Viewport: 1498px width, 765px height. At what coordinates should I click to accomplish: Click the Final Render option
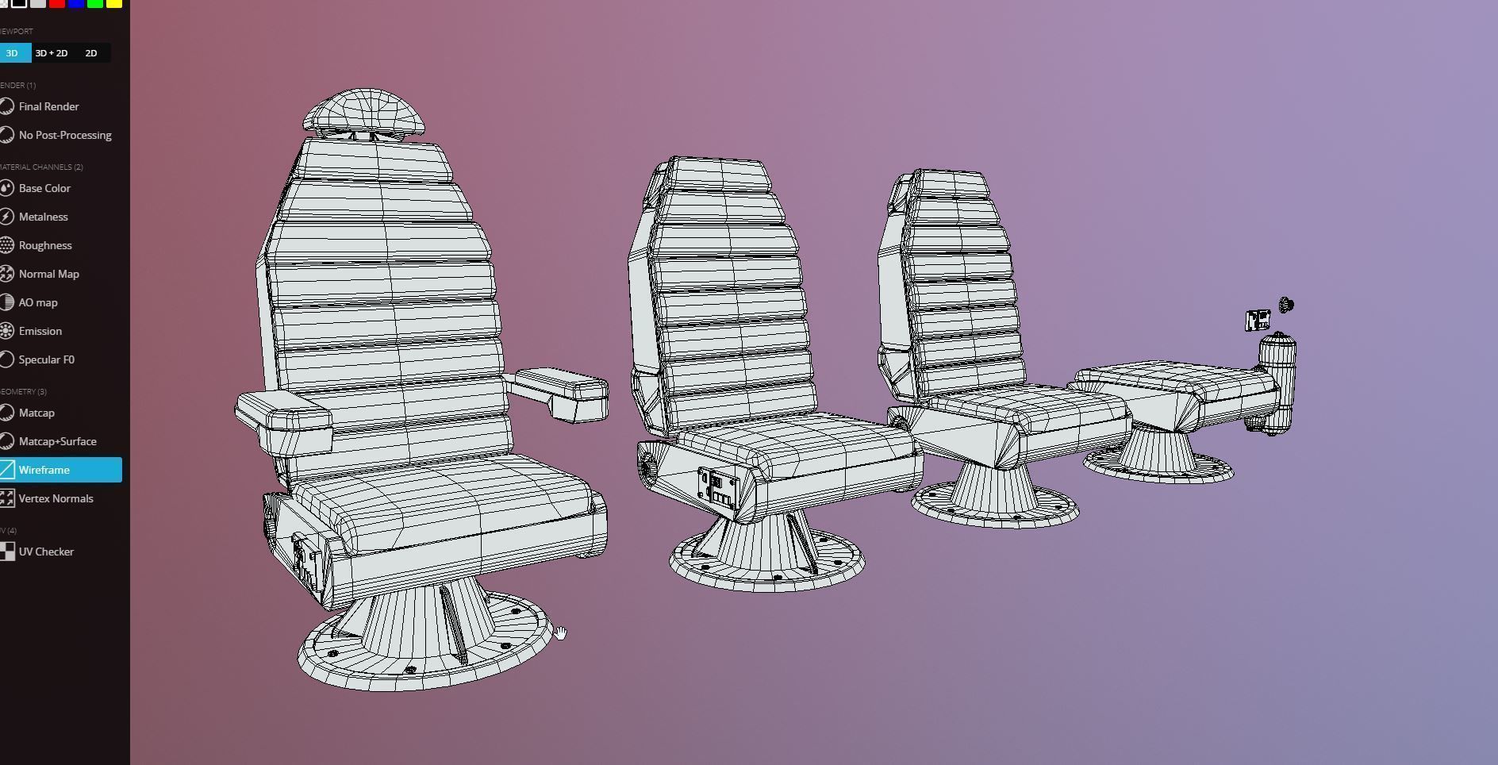click(x=48, y=106)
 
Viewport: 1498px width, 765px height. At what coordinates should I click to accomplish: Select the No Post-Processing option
click(x=64, y=135)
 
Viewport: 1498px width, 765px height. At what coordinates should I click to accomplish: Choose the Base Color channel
click(x=44, y=188)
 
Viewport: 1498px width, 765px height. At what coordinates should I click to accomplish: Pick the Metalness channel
click(x=43, y=217)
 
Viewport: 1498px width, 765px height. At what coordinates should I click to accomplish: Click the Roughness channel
click(x=45, y=245)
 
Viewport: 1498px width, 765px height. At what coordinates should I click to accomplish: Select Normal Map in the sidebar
click(x=48, y=274)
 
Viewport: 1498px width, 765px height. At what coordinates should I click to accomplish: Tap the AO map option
click(x=37, y=302)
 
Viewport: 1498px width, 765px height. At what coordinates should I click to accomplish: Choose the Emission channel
click(x=40, y=331)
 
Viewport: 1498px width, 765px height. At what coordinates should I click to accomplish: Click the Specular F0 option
click(x=46, y=359)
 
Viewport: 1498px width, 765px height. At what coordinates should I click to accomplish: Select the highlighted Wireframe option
click(x=44, y=470)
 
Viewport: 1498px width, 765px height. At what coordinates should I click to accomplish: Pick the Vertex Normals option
click(x=56, y=498)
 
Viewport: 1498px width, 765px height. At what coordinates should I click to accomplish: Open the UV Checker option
click(x=46, y=552)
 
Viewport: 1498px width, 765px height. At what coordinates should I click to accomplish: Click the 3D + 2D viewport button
click(x=52, y=53)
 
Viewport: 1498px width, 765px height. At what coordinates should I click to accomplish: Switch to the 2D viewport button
click(x=91, y=53)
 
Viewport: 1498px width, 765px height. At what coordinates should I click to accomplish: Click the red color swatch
click(x=57, y=3)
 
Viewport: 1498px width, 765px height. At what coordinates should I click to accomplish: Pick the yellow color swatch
click(x=114, y=3)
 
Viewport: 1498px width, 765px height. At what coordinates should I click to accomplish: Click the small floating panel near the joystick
click(x=1258, y=321)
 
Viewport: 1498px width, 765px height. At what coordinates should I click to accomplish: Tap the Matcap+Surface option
click(x=57, y=441)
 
